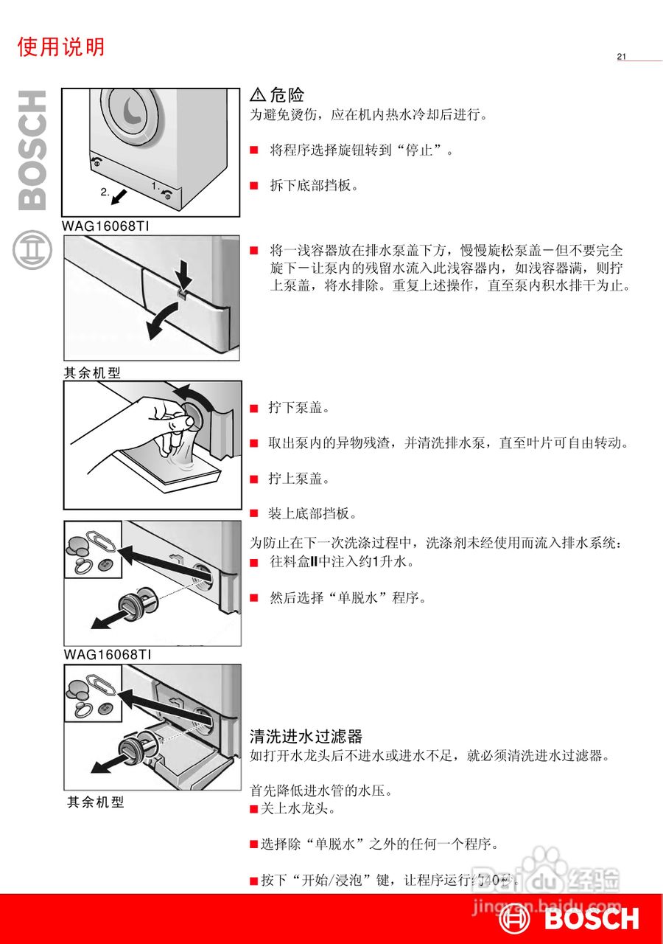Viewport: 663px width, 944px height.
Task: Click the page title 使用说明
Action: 61,47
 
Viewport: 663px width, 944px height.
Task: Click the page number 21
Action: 621,57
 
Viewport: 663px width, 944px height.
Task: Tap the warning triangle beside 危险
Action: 258,94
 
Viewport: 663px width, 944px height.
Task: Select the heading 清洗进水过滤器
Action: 306,736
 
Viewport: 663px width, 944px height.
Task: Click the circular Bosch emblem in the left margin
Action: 32,249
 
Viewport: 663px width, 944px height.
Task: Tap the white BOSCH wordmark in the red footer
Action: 592,919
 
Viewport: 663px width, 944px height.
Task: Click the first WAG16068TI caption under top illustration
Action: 106,226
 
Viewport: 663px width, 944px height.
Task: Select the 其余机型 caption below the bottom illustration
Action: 96,802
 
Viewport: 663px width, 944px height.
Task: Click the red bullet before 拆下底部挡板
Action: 254,186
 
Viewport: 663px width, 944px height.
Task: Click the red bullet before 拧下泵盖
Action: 254,408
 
